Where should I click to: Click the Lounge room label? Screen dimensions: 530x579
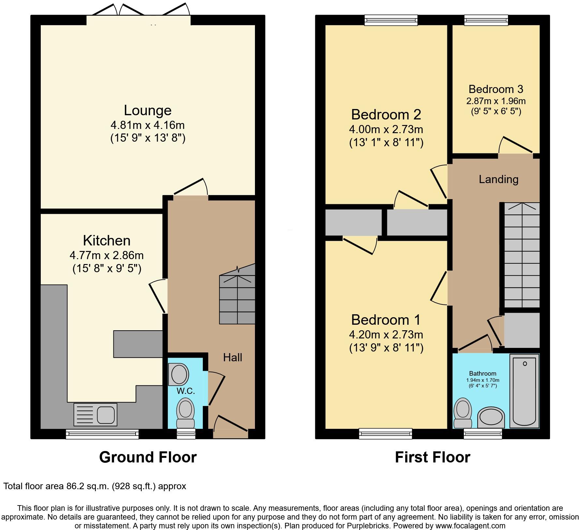point(147,110)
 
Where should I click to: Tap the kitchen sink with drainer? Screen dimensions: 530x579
point(95,414)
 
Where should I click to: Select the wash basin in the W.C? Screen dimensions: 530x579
point(179,374)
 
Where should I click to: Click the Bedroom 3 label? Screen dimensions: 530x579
point(496,89)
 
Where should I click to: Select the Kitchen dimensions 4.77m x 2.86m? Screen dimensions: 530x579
point(107,255)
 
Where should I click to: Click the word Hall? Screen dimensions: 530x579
point(232,357)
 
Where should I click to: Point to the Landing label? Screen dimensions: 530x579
point(498,179)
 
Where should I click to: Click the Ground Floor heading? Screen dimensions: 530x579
point(148,457)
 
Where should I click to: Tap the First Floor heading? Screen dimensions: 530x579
point(432,457)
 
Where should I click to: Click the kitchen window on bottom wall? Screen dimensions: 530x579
point(102,434)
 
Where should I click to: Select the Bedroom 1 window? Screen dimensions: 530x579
point(385,433)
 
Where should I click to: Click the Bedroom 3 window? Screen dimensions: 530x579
point(486,20)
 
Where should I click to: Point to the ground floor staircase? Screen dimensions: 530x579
point(237,299)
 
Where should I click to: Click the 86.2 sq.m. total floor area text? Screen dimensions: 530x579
point(95,486)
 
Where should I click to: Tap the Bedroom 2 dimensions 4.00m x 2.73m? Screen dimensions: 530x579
point(386,129)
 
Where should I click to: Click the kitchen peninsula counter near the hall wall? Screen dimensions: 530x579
point(138,344)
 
